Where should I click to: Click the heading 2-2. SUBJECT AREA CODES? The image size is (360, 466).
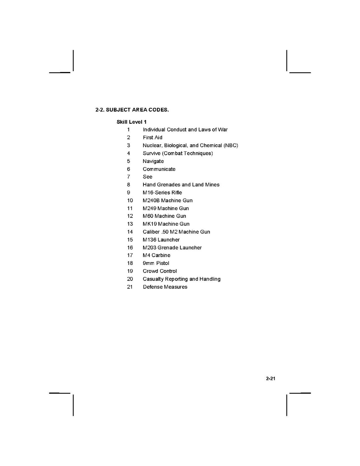132,110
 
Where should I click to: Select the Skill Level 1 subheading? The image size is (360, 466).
131,122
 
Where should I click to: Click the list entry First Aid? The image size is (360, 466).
152,137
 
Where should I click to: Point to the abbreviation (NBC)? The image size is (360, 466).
231,145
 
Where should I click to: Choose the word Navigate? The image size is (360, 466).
153,161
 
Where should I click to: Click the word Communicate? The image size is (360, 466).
159,169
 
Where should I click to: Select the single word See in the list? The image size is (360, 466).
147,177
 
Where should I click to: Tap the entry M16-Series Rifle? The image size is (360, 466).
162,193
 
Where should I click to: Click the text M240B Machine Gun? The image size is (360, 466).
168,200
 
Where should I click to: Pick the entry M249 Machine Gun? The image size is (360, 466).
166,208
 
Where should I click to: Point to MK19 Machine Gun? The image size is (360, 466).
166,224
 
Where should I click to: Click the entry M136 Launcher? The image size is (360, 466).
161,240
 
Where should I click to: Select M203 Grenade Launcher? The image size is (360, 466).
172,247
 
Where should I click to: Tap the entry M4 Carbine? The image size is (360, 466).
156,255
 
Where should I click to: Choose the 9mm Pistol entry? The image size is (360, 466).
156,263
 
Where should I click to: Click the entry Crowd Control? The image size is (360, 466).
159,271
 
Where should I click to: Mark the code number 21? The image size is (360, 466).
130,287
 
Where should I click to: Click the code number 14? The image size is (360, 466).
130,232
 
